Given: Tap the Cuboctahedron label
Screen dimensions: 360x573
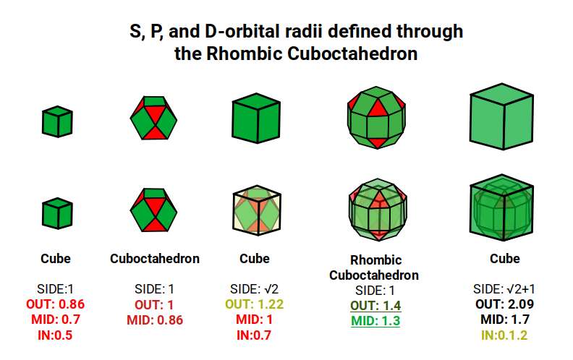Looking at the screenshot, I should point(155,258).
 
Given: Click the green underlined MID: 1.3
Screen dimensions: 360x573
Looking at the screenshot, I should point(375,321).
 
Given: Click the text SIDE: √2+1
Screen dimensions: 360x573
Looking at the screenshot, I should point(504,288).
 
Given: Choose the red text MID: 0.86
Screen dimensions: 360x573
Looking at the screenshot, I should point(155,320).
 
